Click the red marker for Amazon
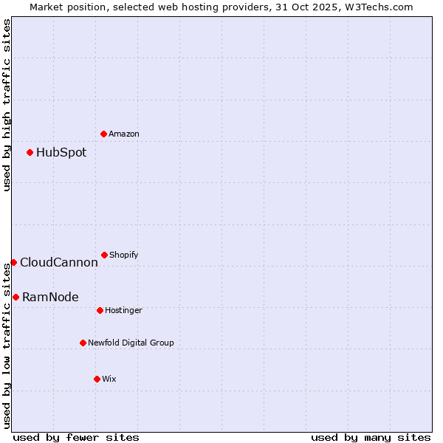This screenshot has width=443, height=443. click(103, 134)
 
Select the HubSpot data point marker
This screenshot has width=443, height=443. click(30, 152)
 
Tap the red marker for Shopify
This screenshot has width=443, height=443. click(104, 255)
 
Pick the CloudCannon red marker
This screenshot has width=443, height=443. click(13, 262)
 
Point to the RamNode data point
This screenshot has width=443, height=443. click(16, 297)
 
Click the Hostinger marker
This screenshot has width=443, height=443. click(100, 310)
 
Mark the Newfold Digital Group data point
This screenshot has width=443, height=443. click(83, 343)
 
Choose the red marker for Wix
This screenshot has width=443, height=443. click(97, 379)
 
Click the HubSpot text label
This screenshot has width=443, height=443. click(61, 153)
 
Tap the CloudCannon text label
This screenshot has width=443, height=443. click(59, 263)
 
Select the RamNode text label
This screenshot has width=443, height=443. click(50, 298)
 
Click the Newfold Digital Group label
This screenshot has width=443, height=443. click(131, 343)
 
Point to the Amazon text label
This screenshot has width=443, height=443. click(124, 134)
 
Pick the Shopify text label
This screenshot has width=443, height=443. click(124, 255)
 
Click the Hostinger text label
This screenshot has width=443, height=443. click(123, 311)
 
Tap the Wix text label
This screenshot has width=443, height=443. click(109, 380)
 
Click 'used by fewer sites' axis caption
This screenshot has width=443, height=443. click(76, 437)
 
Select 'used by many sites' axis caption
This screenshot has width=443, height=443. click(371, 437)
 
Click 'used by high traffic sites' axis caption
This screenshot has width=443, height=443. click(7, 105)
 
